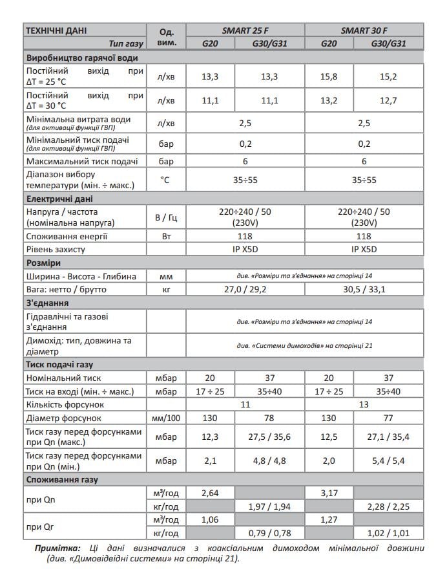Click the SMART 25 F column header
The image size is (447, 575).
[245, 30]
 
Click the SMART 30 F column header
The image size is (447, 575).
[364, 30]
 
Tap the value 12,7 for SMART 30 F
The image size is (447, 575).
[388, 100]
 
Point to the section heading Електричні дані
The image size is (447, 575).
[59, 198]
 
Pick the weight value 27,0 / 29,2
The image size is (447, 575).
[245, 288]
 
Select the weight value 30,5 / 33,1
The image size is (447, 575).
[364, 288]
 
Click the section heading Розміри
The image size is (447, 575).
[43, 263]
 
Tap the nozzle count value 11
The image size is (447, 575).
[245, 404]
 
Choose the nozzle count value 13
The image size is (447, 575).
[364, 404]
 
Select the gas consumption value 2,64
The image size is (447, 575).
[211, 494]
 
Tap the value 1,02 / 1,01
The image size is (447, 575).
[388, 534]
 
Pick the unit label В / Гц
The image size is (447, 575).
[166, 217]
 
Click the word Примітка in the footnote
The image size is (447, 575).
[57, 548]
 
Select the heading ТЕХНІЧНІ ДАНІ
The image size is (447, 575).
[55, 30]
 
